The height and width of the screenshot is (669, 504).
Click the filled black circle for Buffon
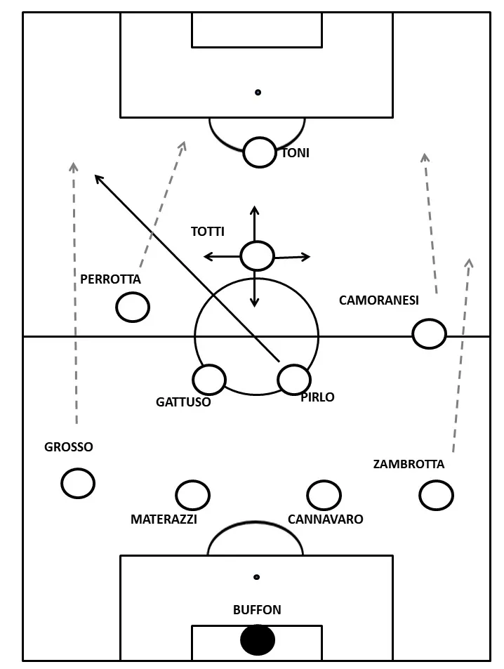(258, 640)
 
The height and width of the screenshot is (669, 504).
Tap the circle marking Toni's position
(260, 152)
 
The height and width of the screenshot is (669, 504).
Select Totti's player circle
(257, 256)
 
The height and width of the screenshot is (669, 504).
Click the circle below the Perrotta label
(133, 307)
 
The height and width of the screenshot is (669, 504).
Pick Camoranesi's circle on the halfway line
(429, 333)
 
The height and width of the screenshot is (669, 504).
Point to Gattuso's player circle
(209, 380)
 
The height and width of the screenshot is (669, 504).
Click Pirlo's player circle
(294, 379)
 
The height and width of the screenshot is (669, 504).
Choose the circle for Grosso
(78, 482)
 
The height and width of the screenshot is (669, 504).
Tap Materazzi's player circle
(192, 495)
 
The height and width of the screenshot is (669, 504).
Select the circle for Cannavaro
(324, 495)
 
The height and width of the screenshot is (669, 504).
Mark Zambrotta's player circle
(436, 495)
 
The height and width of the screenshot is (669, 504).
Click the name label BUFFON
(257, 610)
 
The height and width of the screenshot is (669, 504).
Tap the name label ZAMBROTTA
(409, 464)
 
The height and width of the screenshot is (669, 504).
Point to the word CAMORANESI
(378, 300)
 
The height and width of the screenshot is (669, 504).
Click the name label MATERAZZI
(164, 519)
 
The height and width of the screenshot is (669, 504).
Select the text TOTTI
(208, 231)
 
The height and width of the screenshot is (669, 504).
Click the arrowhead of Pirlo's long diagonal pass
(97, 177)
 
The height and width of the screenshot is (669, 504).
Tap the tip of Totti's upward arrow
(255, 208)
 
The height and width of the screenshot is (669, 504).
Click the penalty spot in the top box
(258, 92)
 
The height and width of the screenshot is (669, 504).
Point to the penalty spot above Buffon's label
(257, 577)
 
